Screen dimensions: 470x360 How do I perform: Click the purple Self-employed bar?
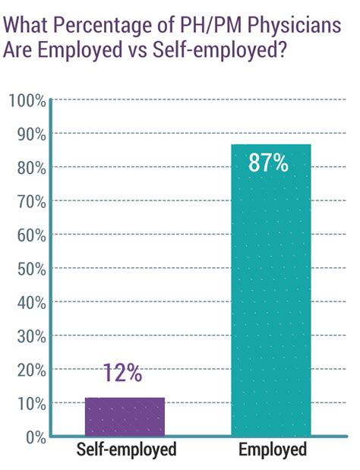125,416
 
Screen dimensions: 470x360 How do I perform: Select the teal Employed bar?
270,289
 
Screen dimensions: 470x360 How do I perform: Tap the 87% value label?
268,162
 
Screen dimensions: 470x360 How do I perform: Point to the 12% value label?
123,373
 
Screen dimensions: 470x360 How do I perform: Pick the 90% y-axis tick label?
28,134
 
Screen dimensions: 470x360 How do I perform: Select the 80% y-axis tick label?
28,168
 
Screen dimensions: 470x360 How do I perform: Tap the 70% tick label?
28,201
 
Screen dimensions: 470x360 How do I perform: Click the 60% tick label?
28,235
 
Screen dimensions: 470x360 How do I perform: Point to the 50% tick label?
28,269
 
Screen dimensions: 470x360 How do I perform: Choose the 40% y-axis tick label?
28,302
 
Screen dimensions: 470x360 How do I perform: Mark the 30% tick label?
28,336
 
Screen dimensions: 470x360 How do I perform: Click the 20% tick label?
28,369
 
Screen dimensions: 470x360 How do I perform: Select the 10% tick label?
28,403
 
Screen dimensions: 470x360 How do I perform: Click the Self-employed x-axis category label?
126,450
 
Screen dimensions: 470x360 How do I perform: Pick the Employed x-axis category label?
273,450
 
